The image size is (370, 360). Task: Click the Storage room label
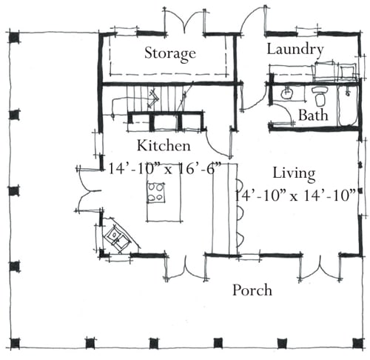click(170, 53)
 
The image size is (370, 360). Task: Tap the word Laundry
click(295, 50)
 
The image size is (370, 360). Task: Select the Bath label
click(313, 115)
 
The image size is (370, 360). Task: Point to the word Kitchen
click(164, 145)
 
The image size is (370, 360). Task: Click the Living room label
click(294, 174)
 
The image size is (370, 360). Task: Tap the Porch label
click(252, 290)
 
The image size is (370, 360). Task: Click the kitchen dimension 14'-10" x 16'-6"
click(164, 169)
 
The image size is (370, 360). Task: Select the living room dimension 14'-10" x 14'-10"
click(295, 196)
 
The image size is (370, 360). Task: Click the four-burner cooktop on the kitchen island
click(156, 192)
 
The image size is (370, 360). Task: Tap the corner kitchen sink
click(117, 238)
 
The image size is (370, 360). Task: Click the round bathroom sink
click(287, 93)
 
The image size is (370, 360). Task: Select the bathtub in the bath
click(347, 106)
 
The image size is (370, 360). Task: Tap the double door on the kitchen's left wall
click(88, 190)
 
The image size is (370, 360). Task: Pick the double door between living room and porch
click(320, 268)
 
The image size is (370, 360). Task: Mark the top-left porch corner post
click(14, 38)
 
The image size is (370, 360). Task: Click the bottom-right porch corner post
click(357, 343)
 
